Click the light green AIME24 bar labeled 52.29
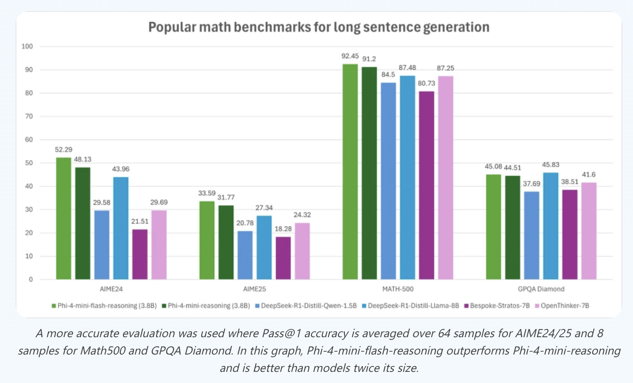63,218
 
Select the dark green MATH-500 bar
369,173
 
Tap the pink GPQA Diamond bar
589,231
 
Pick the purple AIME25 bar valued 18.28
283,258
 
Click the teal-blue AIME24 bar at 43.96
121,228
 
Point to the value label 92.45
350,56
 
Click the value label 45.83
551,165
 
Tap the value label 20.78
245,223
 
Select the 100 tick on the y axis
27,47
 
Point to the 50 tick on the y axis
29,163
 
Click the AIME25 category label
255,289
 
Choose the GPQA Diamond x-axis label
541,289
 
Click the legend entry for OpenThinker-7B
565,306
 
